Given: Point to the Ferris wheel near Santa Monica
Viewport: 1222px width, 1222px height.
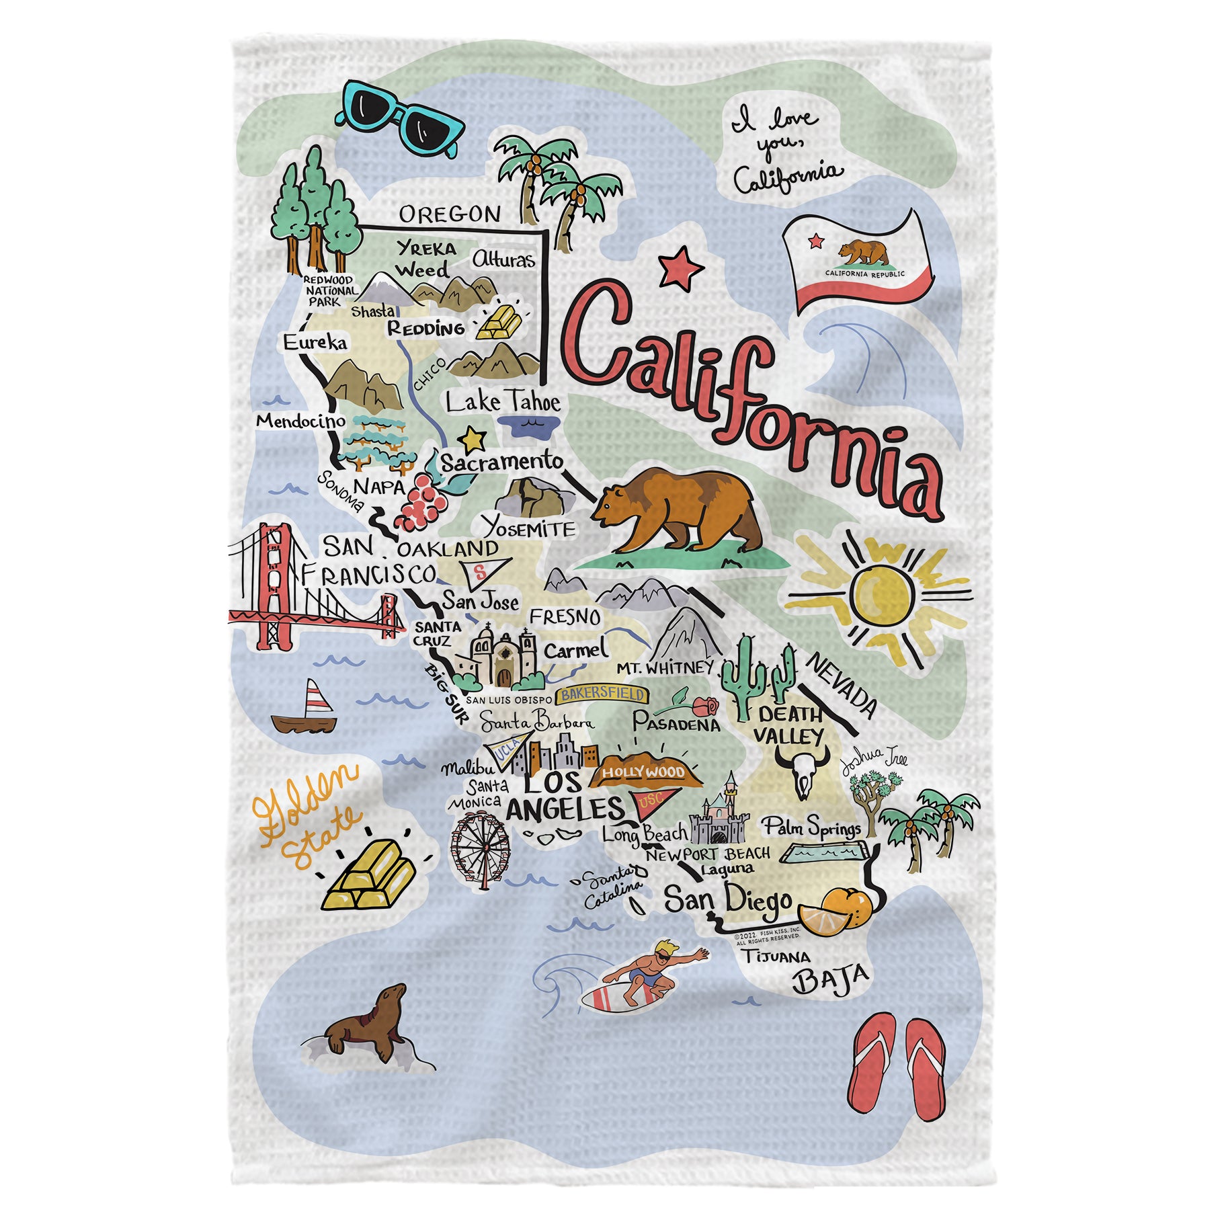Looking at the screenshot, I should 480,845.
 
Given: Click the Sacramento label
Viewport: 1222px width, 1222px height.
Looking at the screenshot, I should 501,462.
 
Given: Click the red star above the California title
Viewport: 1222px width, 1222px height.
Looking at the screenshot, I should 681,267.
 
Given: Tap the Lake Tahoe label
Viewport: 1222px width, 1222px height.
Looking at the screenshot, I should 503,402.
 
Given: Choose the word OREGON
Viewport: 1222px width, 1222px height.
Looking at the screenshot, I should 450,214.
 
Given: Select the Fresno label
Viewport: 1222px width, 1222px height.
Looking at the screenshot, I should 565,617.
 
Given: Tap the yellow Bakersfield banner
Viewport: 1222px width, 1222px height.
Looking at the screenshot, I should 603,694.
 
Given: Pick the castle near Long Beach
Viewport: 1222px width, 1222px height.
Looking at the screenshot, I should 723,816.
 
